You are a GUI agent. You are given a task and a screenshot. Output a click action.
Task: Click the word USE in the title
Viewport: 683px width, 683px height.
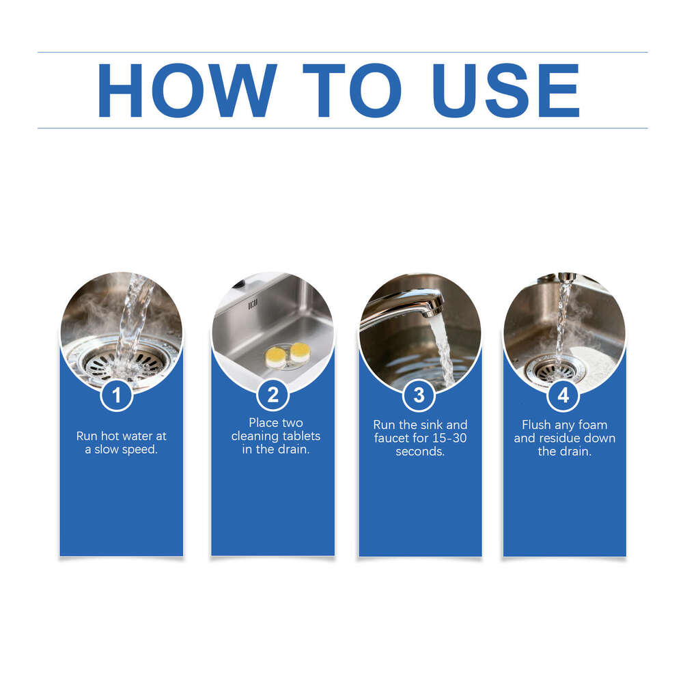point(506,90)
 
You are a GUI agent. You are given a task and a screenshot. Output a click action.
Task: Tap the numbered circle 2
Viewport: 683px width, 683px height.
point(273,395)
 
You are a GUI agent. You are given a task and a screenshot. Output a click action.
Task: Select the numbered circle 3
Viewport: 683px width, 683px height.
point(419,395)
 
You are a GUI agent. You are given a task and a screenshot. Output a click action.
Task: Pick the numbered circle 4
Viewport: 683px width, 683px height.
point(563,395)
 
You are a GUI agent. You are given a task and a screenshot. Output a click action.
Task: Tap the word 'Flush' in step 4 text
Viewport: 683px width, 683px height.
point(536,425)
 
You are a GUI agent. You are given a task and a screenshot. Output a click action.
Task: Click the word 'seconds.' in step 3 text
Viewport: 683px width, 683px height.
point(420,451)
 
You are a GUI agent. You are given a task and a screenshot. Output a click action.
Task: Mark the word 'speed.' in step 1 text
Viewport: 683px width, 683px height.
point(139,450)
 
